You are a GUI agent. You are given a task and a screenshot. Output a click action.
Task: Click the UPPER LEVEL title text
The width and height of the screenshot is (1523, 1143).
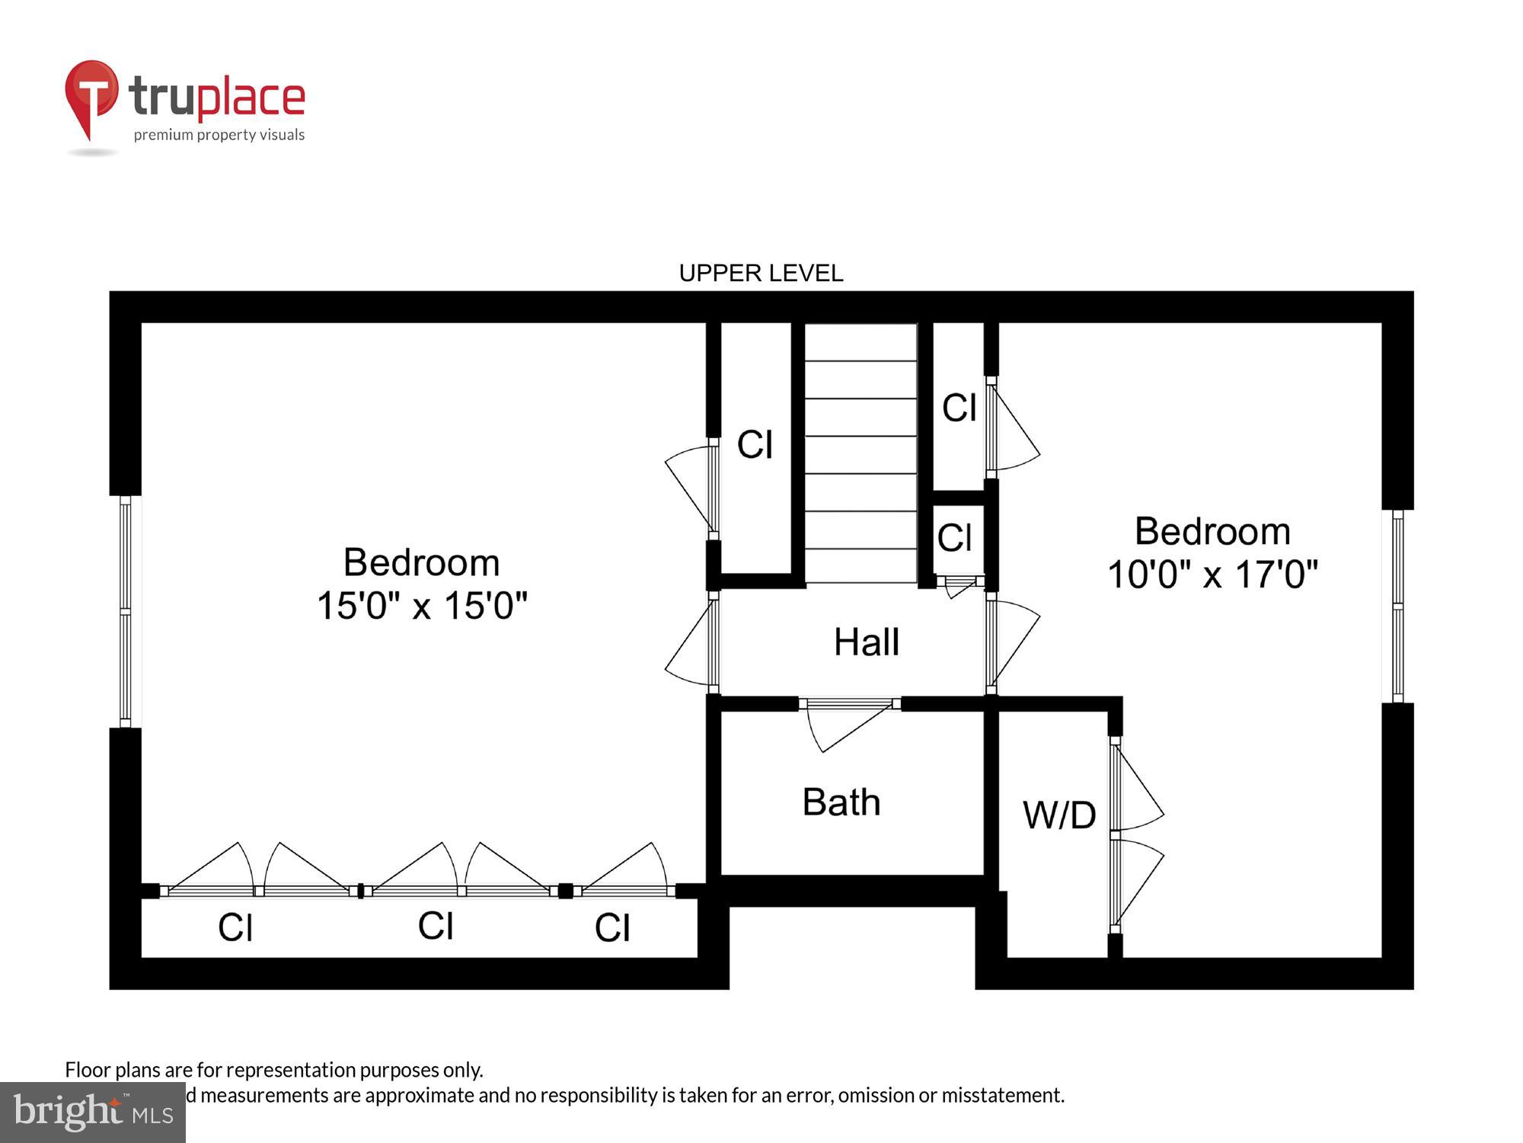(761, 273)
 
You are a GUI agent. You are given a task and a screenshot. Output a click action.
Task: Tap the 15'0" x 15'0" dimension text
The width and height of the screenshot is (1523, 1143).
(422, 606)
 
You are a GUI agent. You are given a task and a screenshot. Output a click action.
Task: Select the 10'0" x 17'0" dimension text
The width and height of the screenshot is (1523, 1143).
(1212, 575)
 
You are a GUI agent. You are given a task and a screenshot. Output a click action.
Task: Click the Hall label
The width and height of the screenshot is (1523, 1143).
(867, 642)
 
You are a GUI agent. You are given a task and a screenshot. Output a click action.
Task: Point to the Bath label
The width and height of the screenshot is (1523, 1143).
(841, 802)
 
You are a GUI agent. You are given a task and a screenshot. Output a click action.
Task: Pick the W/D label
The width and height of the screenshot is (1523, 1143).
(1059, 815)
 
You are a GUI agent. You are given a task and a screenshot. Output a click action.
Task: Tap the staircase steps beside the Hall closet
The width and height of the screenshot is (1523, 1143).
(860, 453)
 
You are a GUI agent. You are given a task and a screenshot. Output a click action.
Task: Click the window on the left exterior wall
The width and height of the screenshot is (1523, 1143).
(126, 611)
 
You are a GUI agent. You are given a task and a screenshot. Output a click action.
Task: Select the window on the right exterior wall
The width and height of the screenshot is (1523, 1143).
(1397, 606)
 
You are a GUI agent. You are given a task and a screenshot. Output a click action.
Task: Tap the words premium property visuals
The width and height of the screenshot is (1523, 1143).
(219, 135)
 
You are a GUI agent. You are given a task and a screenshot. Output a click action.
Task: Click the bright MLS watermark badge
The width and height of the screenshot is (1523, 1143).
(92, 1112)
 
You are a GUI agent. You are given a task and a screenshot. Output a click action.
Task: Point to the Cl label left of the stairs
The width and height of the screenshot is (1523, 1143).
(755, 444)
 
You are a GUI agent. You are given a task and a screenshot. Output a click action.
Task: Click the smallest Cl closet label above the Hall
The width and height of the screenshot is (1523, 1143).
(954, 538)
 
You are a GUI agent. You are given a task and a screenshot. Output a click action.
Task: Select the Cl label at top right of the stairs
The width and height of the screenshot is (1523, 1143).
(959, 408)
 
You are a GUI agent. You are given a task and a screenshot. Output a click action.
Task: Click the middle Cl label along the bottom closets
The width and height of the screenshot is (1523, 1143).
(436, 926)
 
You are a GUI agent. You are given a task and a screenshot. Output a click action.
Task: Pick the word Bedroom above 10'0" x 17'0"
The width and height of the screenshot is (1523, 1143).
(1212, 531)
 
